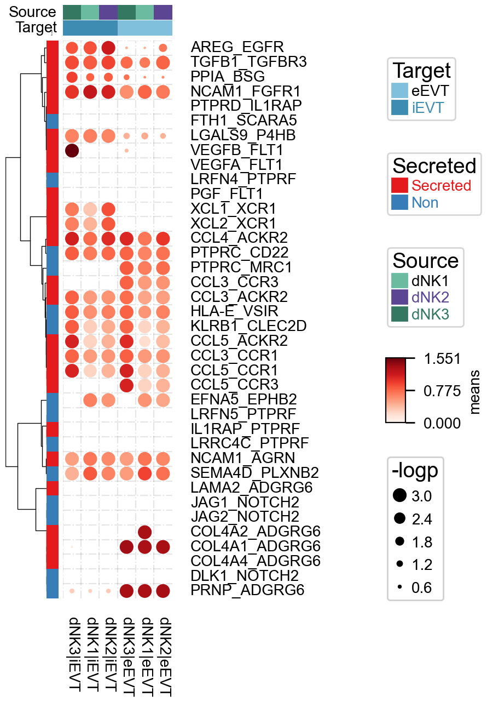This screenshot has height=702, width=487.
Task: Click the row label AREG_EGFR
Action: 229,48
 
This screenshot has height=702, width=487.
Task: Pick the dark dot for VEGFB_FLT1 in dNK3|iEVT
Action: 72,150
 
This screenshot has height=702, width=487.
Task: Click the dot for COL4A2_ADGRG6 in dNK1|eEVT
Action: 145,532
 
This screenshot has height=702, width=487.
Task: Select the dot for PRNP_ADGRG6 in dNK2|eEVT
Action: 163,591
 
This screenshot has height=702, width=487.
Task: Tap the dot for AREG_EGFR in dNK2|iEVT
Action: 108,48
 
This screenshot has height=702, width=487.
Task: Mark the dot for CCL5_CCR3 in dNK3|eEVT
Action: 127,385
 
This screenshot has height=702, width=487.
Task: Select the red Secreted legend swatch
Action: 400,185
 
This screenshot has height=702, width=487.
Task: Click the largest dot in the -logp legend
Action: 400,496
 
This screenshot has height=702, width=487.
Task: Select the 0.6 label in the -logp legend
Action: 421,588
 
